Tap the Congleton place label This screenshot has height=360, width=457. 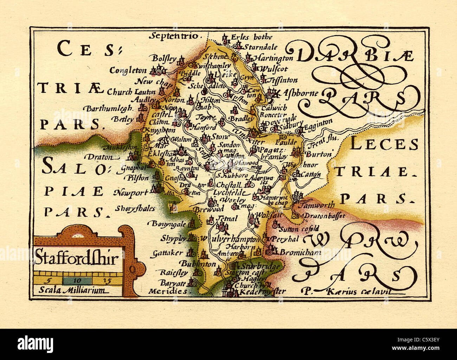coord(128,70)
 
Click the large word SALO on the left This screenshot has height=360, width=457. coord(73,166)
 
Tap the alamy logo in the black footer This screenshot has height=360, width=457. coord(36,343)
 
